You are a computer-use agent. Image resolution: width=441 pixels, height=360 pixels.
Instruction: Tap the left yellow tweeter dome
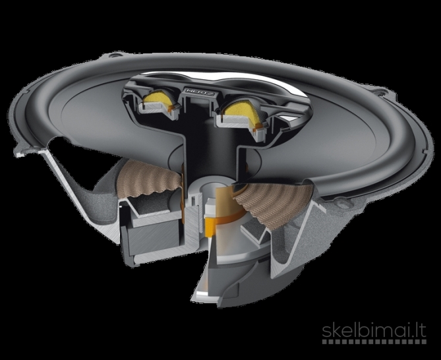156,98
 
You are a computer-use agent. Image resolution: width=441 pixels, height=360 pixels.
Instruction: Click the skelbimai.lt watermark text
374,331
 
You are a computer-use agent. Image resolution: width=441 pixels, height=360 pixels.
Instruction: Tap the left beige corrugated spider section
148,179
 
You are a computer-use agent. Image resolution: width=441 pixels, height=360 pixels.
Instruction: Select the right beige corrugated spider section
273,202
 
